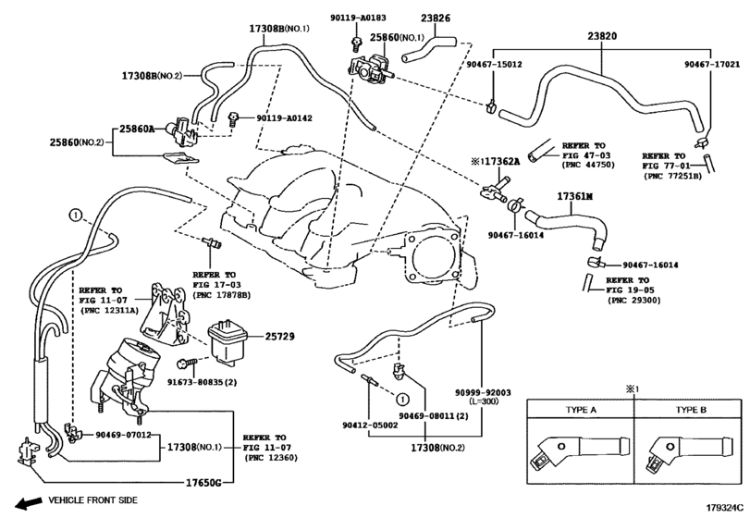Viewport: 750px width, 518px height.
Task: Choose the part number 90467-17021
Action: click(711, 65)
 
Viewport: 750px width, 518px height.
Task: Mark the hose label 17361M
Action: click(574, 197)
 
